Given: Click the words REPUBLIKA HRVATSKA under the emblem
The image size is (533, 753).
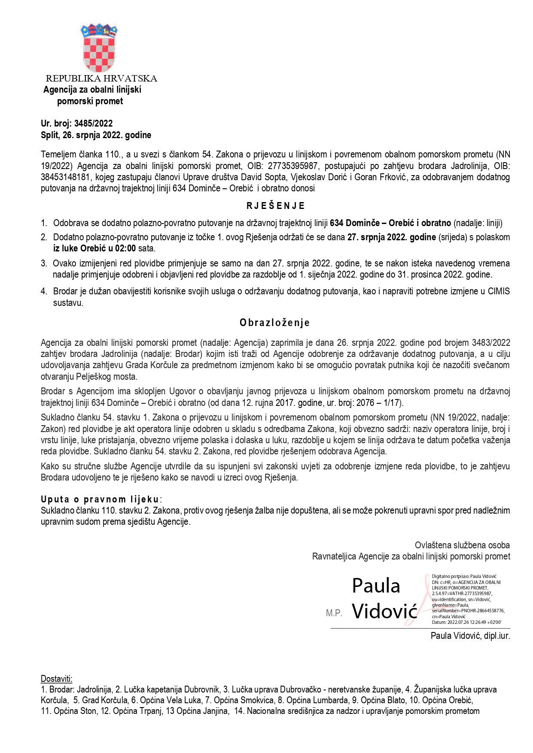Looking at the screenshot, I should (x=101, y=79).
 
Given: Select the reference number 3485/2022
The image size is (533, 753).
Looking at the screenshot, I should (x=94, y=124).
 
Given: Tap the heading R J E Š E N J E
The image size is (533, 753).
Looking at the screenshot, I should (x=275, y=206).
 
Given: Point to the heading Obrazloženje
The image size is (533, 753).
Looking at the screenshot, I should (x=275, y=323).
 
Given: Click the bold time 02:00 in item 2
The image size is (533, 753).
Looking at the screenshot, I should (x=125, y=248).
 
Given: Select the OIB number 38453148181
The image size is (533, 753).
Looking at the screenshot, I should (x=65, y=177).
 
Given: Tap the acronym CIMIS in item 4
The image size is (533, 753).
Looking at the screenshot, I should (x=499, y=291).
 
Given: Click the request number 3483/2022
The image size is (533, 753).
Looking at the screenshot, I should (x=491, y=343).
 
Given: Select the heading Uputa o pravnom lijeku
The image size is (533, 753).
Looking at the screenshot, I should (x=100, y=499).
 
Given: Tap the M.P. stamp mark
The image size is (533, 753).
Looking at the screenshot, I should (x=334, y=613).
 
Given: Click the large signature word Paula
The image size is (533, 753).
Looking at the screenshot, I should (x=376, y=586).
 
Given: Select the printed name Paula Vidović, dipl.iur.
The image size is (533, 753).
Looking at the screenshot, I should (x=470, y=636).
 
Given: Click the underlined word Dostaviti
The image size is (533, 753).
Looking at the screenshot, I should (x=56, y=679).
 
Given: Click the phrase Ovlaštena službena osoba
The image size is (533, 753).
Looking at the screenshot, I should (x=462, y=545).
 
